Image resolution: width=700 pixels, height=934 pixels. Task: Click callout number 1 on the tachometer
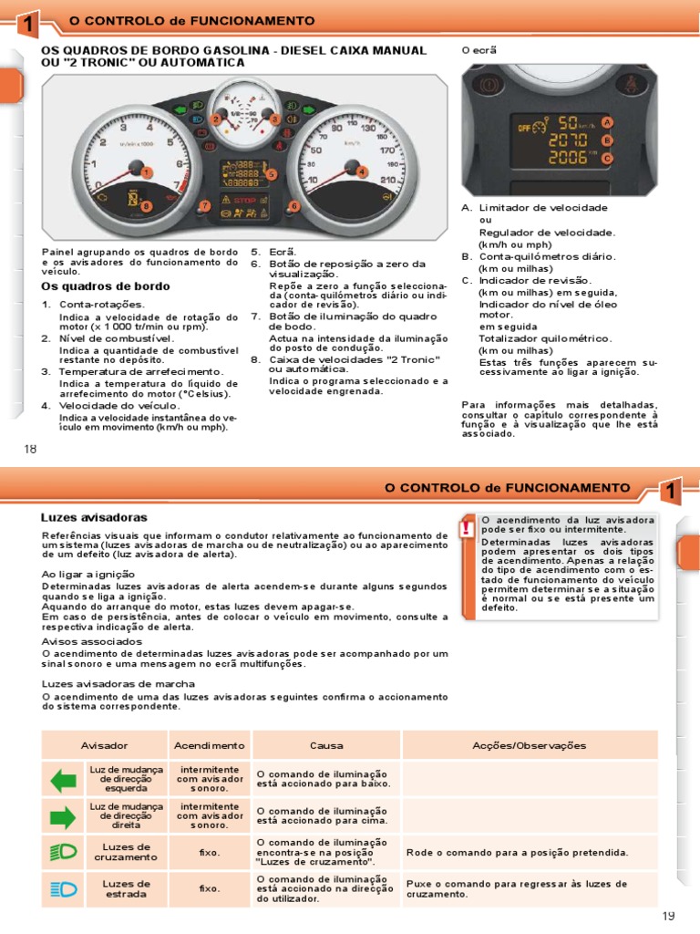[147, 171]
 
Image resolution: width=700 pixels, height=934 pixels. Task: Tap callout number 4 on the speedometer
[361, 171]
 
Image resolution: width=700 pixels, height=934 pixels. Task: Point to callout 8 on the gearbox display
[145, 206]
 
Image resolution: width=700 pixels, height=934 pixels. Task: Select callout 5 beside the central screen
[271, 173]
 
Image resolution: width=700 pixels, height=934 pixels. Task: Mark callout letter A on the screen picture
[607, 122]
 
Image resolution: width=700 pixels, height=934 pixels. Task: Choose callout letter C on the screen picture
[607, 158]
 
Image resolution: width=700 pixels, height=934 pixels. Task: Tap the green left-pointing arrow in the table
[64, 780]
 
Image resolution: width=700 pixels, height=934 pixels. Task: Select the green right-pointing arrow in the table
[64, 816]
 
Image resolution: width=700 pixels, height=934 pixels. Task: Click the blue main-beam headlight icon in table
[64, 888]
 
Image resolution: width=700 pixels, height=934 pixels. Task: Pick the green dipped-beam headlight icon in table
[64, 853]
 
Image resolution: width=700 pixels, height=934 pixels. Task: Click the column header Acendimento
[210, 745]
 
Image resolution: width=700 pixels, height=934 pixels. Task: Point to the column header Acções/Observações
[529, 745]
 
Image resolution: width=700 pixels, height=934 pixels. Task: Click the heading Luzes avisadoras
[81, 516]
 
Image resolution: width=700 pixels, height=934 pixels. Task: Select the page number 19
[671, 915]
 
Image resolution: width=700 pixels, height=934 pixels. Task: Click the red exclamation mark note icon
[467, 527]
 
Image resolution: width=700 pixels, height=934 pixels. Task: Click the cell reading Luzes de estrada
[126, 888]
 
